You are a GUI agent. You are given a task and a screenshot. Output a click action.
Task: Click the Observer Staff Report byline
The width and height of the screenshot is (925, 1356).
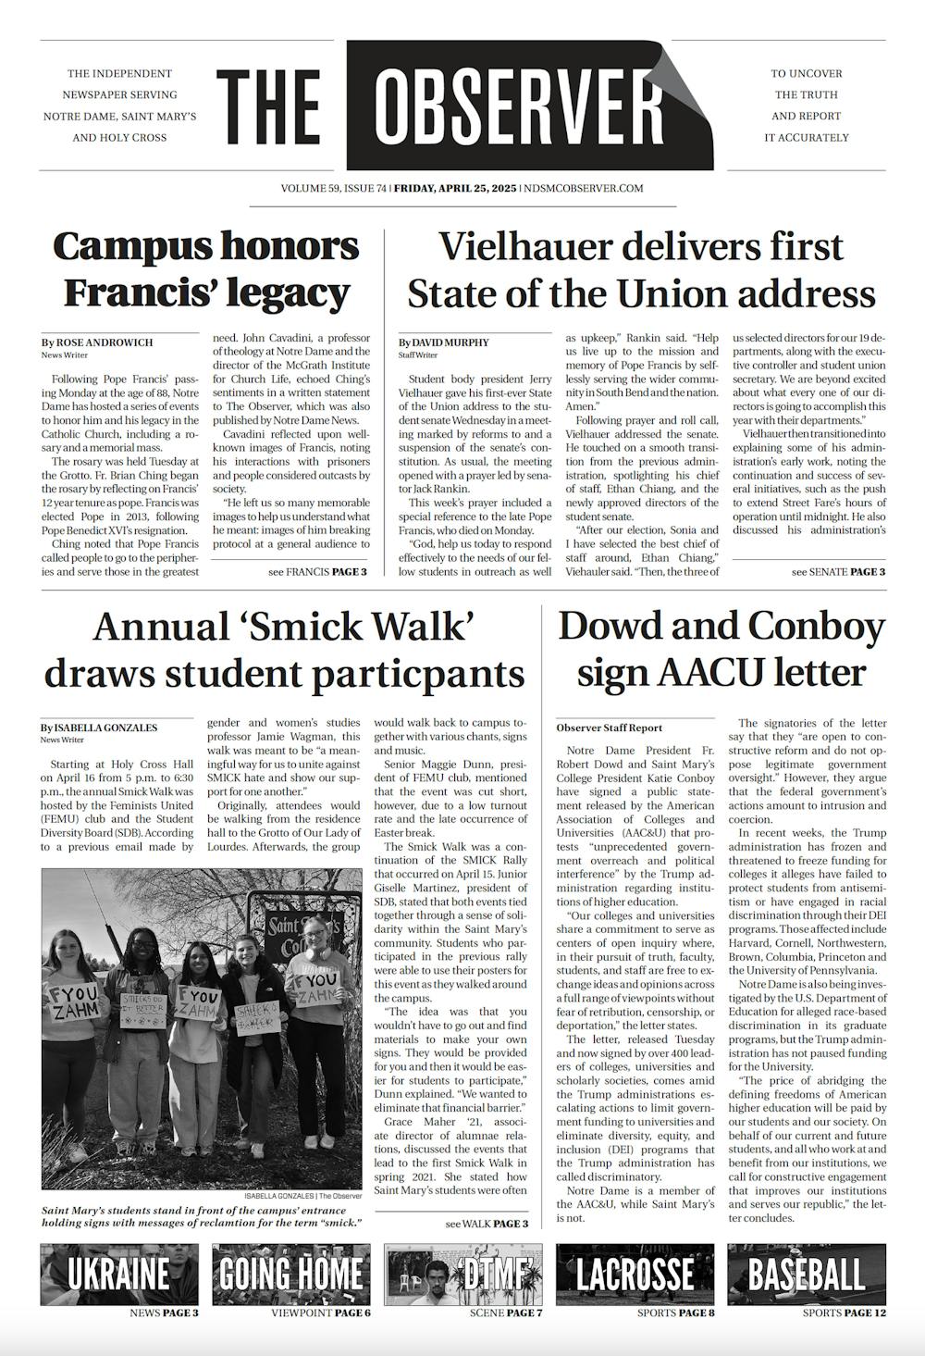pos(609,728)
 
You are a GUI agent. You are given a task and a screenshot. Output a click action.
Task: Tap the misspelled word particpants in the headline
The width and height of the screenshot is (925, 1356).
pos(427,673)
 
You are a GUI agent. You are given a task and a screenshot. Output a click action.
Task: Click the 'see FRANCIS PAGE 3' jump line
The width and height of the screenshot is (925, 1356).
pos(317,572)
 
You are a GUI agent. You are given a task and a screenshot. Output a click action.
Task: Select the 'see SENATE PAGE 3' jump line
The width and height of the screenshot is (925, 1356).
pos(838,572)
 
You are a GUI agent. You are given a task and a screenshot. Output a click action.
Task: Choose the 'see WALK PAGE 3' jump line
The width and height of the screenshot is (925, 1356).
pos(487,1224)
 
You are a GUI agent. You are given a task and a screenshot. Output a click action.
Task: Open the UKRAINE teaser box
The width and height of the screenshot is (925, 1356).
pos(119,1275)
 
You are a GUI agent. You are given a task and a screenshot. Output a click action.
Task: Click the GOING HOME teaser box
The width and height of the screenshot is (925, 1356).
pos(290,1275)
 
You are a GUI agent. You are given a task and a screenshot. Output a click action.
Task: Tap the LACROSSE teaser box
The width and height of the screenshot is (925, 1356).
pos(635,1275)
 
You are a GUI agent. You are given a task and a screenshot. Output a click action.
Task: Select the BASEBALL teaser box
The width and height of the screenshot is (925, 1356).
pos(806,1275)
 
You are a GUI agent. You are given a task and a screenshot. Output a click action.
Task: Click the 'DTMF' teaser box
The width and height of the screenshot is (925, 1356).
pos(462,1275)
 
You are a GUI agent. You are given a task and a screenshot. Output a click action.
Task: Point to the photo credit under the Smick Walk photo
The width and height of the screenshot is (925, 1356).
pos(302,1196)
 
